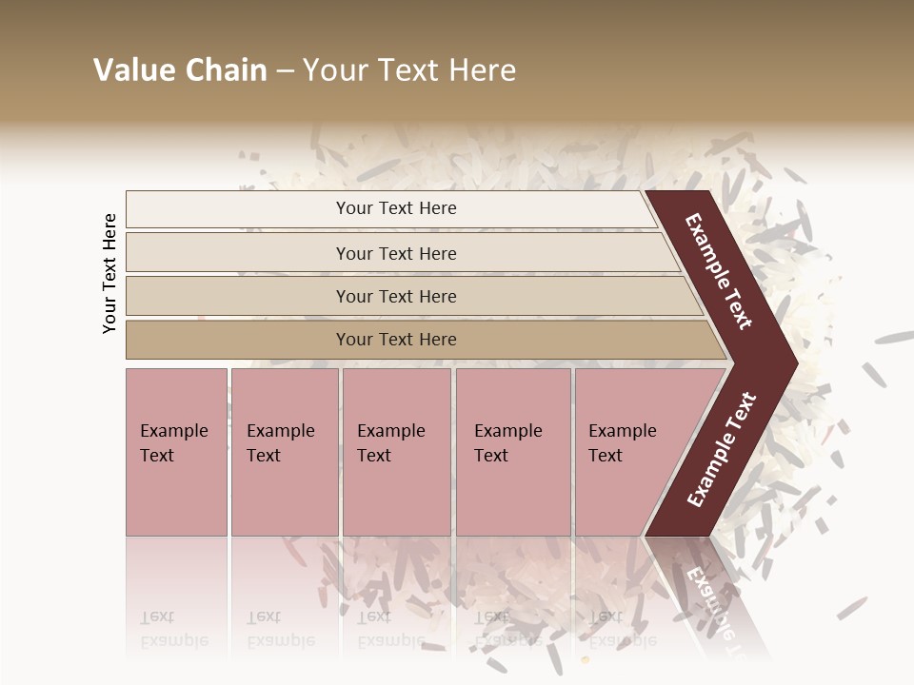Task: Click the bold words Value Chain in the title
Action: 180,70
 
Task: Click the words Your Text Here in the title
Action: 409,70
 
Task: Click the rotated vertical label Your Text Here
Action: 109,273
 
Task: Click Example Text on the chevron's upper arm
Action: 718,271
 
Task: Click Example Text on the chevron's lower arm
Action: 722,450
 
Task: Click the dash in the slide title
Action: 285,71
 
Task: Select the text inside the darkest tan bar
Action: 396,340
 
